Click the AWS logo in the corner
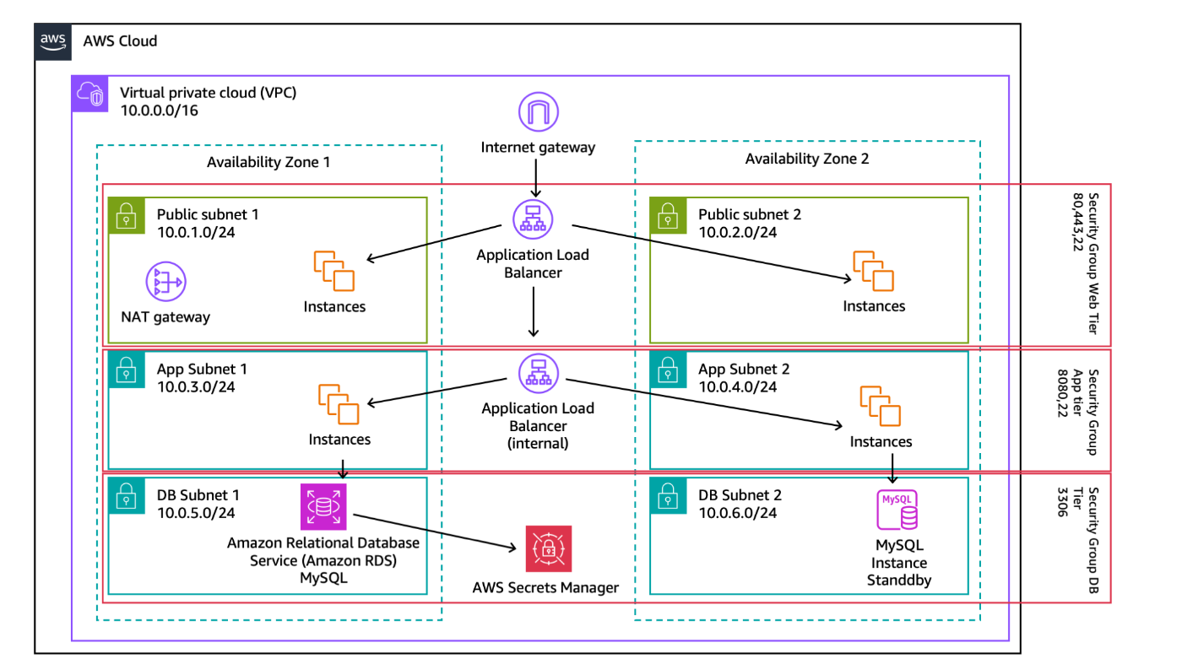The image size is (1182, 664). coord(53,41)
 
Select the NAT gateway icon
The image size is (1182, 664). coord(165,282)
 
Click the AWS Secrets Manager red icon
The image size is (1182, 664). coord(548,549)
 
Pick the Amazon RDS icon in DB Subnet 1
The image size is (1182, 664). coord(323,506)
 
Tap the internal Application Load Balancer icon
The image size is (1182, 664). coord(538,371)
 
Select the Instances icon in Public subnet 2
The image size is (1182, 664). coord(873,271)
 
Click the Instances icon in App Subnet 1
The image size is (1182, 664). coord(338,403)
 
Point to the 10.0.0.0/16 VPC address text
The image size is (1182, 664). coord(160,111)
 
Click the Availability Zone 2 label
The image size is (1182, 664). coord(806,159)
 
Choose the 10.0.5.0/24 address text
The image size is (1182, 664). coord(196,512)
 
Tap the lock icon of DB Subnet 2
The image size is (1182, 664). coord(667,497)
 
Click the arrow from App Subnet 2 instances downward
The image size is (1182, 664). coord(893,469)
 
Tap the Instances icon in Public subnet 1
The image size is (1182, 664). coord(334,271)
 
